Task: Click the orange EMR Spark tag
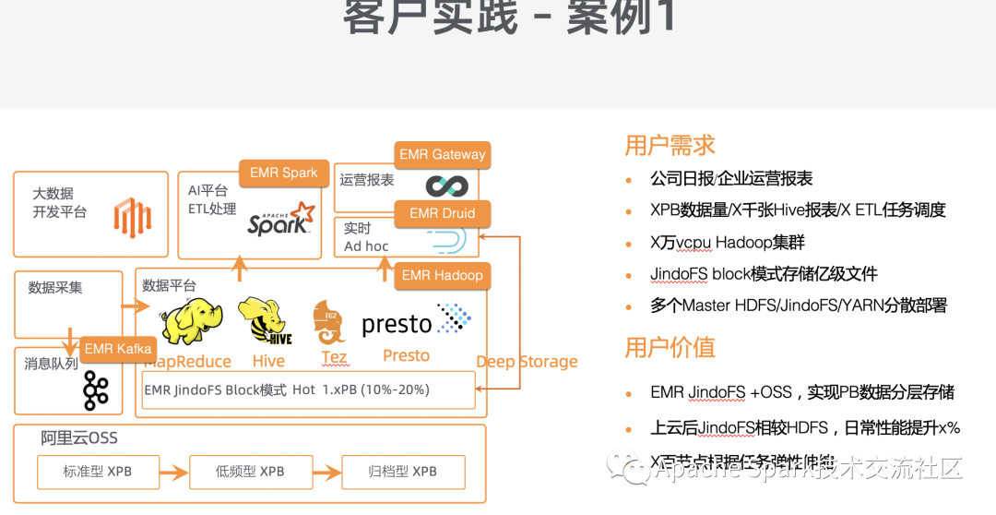click(283, 174)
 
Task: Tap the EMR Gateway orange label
click(443, 155)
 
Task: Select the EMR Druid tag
click(443, 213)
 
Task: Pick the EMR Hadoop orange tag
click(442, 275)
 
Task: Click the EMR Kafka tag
click(118, 349)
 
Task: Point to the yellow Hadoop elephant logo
click(191, 320)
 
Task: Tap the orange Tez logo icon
click(329, 322)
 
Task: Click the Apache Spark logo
click(280, 220)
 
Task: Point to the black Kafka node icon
click(95, 390)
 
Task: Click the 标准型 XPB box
click(98, 472)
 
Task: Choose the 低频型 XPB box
click(250, 472)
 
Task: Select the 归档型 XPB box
click(403, 472)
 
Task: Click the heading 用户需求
click(670, 146)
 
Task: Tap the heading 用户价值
click(670, 348)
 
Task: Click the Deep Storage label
click(527, 362)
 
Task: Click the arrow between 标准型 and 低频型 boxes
click(174, 473)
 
